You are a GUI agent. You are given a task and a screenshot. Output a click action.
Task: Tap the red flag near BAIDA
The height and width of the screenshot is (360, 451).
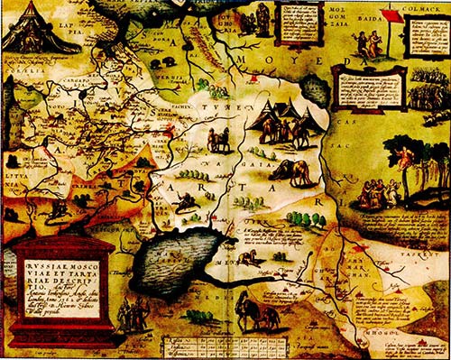(391, 15)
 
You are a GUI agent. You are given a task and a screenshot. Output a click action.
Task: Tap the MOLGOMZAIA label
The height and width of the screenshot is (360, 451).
(326, 19)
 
